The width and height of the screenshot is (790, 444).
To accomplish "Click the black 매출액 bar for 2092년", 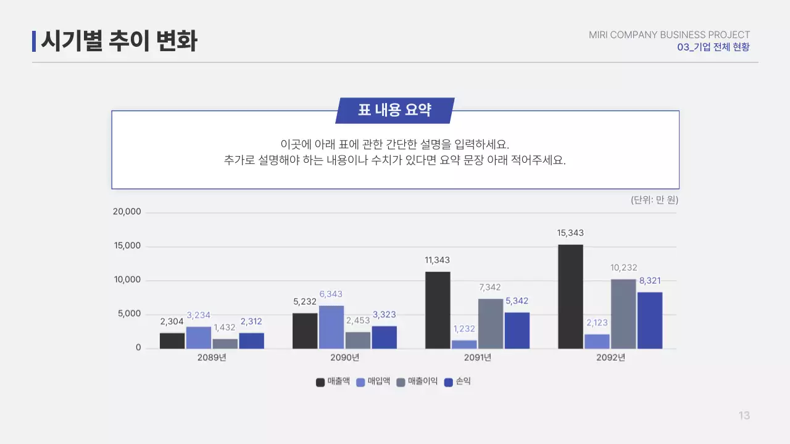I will click(570, 297).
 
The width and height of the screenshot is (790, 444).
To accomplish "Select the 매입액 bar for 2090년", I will click(331, 327).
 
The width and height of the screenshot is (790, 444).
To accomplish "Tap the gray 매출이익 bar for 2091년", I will click(490, 324).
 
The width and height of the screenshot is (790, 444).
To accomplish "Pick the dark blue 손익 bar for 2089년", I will click(251, 340).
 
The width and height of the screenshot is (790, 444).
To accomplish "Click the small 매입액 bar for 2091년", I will click(464, 344).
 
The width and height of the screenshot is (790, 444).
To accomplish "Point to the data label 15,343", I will click(570, 233).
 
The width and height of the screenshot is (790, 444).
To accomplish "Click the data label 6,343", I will click(331, 294).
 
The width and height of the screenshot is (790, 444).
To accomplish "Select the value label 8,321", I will click(650, 281).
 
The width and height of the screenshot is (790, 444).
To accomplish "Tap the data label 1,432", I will click(225, 327).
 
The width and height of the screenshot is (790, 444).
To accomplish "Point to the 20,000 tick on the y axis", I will click(127, 212).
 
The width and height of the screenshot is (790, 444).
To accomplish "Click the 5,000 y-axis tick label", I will click(129, 314).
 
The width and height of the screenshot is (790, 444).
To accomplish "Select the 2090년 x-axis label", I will click(344, 358).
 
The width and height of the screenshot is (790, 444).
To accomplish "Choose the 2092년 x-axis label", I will click(610, 358).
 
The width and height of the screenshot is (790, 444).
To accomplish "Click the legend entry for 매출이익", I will click(417, 382).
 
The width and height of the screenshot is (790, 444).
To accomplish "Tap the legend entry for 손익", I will click(458, 382).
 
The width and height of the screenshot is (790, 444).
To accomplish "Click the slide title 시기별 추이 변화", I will click(119, 41).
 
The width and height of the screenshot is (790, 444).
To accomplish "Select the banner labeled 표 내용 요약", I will click(394, 110).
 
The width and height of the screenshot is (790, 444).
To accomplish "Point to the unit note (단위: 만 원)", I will click(654, 200).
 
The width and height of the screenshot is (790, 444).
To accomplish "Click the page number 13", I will click(744, 416).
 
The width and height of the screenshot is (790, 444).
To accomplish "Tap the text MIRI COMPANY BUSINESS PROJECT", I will click(669, 35).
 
